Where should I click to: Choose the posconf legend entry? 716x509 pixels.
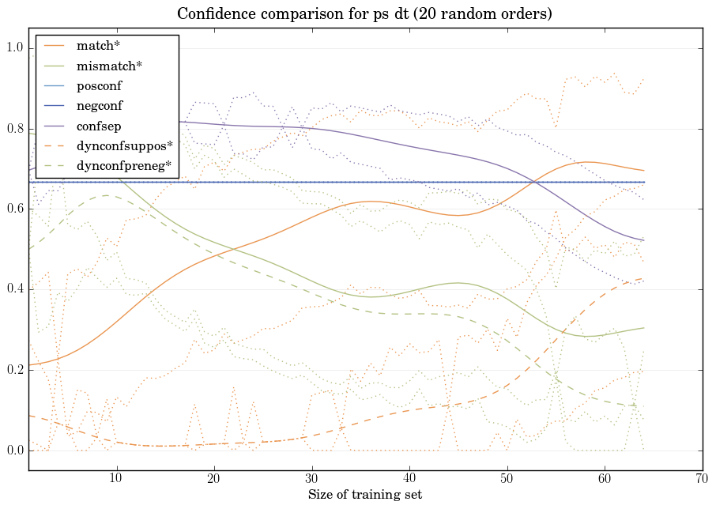pyautogui.click(x=100, y=86)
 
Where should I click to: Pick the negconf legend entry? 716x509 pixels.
pyautogui.click(x=100, y=105)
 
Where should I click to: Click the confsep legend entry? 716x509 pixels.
pyautogui.click(x=99, y=126)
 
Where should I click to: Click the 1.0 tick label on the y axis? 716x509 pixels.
pyautogui.click(x=15, y=48)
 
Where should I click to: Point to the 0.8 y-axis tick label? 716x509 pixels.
pyautogui.click(x=15, y=129)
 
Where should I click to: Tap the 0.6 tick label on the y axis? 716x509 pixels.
pyautogui.click(x=15, y=209)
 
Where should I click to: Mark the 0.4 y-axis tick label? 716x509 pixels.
pyautogui.click(x=15, y=290)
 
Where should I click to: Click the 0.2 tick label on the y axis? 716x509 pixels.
pyautogui.click(x=15, y=370)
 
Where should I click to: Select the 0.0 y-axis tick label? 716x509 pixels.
pyautogui.click(x=15, y=451)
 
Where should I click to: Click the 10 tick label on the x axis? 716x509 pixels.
pyautogui.click(x=116, y=479)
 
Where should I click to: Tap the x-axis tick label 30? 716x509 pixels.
pyautogui.click(x=311, y=479)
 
